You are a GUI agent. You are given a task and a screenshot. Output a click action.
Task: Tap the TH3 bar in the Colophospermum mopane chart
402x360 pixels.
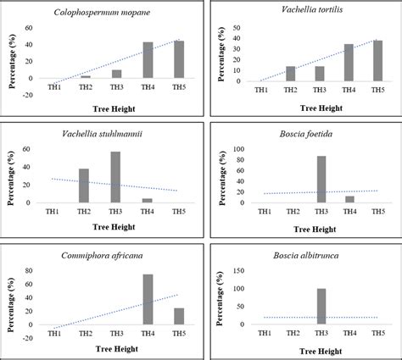click(116, 74)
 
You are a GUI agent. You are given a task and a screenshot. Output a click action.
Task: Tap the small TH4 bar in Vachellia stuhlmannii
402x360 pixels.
click(148, 201)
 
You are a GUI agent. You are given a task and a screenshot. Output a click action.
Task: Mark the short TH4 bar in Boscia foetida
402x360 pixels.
click(349, 200)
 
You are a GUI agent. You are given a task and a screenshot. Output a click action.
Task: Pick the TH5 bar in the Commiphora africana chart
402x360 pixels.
click(179, 316)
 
